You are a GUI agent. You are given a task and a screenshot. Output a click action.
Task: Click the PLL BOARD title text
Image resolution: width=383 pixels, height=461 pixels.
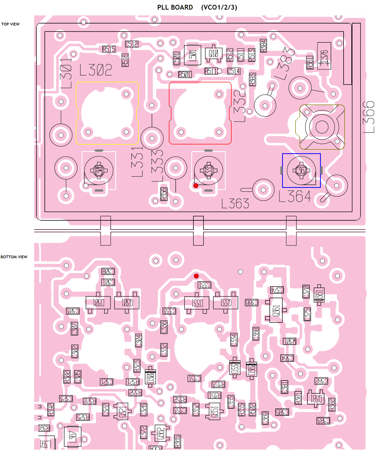[175, 7]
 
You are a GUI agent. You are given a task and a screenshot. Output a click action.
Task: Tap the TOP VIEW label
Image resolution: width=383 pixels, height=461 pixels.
[10, 24]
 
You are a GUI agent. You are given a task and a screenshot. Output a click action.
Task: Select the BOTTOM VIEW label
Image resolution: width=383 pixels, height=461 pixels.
[14, 257]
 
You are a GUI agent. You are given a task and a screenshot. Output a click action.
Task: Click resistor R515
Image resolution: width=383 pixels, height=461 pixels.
[109, 49]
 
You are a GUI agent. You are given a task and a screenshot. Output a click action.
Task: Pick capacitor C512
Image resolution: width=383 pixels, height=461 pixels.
[132, 44]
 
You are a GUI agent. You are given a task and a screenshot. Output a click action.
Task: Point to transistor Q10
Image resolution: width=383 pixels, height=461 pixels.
[214, 54]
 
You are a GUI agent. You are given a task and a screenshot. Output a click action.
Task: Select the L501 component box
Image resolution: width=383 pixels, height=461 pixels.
[193, 55]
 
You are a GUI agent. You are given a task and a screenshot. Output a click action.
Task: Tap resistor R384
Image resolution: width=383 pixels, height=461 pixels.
[263, 46]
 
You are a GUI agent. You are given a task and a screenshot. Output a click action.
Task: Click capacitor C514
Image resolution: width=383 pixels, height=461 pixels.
[234, 71]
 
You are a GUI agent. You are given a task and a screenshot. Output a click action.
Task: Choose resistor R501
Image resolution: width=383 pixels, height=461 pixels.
[185, 74]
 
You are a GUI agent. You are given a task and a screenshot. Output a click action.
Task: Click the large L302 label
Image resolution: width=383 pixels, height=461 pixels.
[96, 70]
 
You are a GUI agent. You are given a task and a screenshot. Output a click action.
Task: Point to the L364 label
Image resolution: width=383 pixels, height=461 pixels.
[295, 196]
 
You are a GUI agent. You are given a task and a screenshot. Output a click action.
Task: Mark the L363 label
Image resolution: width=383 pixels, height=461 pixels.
[235, 203]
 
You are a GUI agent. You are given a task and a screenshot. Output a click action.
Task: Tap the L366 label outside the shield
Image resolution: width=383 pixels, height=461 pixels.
[369, 117]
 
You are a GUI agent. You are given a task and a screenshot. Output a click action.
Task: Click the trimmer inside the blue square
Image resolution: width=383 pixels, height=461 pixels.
[301, 171]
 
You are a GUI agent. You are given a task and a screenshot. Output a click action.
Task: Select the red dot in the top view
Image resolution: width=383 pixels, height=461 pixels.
[196, 186]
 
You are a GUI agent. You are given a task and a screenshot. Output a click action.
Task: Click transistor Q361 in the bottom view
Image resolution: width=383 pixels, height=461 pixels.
[276, 310]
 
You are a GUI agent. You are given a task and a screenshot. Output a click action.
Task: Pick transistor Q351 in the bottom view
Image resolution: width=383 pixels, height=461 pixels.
[214, 411]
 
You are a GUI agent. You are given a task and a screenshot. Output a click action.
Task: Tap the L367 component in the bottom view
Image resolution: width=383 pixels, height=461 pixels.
[73, 436]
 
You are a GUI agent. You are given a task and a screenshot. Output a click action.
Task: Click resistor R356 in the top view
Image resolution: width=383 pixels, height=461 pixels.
[164, 194]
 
